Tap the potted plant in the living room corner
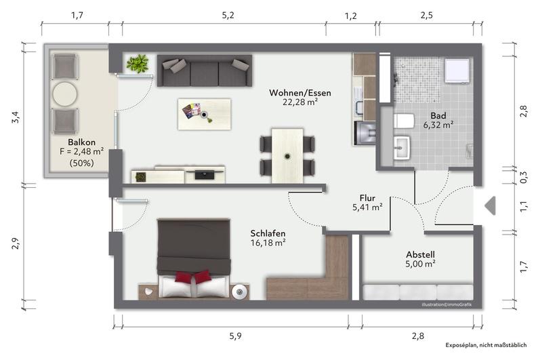click(x=138, y=64)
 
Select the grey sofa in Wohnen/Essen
click(x=203, y=71)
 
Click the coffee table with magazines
click(x=204, y=113)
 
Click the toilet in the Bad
click(x=404, y=122)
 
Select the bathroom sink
click(x=402, y=148)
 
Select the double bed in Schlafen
click(x=193, y=258)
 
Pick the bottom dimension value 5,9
click(x=234, y=335)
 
